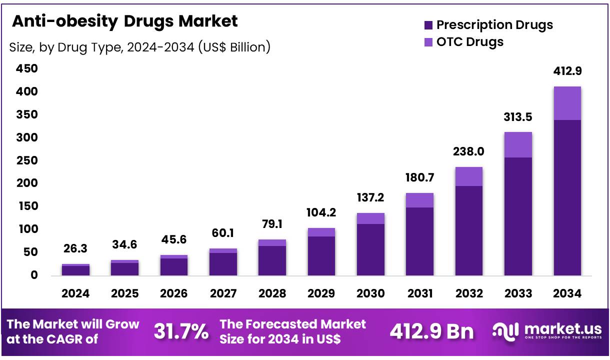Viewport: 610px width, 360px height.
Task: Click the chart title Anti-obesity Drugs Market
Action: pyautogui.click(x=124, y=21)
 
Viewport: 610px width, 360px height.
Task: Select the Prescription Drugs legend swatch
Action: pyautogui.click(x=428, y=25)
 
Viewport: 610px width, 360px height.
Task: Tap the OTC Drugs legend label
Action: pyautogui.click(x=469, y=41)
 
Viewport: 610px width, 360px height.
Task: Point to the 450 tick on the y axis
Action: pyautogui.click(x=27, y=68)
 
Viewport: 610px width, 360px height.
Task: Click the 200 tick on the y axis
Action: pyautogui.click(x=27, y=183)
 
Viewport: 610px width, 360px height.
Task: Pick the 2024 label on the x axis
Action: pyautogui.click(x=75, y=293)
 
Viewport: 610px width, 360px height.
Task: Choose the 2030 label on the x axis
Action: pyautogui.click(x=370, y=293)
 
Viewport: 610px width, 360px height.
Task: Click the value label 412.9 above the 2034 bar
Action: pyautogui.click(x=567, y=71)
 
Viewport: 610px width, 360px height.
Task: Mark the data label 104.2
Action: pyautogui.click(x=321, y=212)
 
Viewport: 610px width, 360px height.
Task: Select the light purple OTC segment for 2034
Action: pyautogui.click(x=567, y=103)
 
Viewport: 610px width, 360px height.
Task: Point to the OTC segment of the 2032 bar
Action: pyautogui.click(x=469, y=176)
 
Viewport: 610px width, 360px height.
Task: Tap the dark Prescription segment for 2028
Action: pyautogui.click(x=272, y=260)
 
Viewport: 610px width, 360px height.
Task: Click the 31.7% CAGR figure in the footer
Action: pyautogui.click(x=181, y=331)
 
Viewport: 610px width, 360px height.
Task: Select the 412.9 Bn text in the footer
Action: pyautogui.click(x=431, y=331)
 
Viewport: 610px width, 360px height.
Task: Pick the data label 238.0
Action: pyautogui.click(x=469, y=151)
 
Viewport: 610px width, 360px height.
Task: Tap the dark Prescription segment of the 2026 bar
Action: pyautogui.click(x=174, y=266)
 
